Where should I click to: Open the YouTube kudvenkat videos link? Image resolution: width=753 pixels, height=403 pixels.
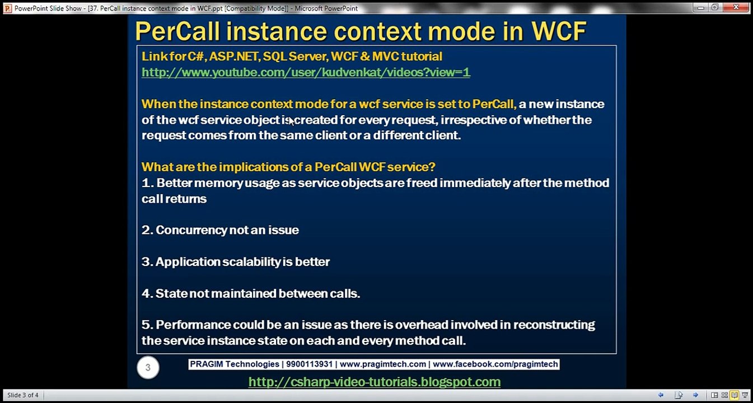[x=306, y=72]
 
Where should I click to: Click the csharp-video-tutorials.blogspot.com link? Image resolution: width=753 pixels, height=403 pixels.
[x=375, y=382]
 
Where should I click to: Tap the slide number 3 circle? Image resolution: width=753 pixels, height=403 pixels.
[x=148, y=367]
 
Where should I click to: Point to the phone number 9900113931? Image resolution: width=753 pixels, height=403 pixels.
[x=309, y=364]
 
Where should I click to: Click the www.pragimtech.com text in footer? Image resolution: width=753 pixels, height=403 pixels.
[x=383, y=364]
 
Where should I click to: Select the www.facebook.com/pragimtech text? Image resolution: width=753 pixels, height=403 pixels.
[x=495, y=364]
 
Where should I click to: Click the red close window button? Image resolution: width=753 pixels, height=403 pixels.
[x=736, y=7]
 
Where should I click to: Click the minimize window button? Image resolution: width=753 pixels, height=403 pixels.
[x=700, y=7]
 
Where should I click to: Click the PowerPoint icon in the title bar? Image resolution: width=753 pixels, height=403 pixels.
[x=7, y=8]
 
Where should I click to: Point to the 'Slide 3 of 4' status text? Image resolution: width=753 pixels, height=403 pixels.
[x=23, y=395]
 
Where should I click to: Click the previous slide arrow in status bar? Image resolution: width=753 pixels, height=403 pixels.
[x=661, y=395]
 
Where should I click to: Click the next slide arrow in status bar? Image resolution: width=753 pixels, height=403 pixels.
[x=695, y=395]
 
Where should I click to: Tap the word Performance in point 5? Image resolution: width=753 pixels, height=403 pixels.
[x=193, y=325]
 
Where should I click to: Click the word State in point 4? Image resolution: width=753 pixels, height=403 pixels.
[x=171, y=293]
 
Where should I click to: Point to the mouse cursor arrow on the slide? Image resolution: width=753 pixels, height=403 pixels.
[x=292, y=121]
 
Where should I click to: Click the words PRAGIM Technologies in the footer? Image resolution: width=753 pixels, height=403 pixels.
[x=235, y=364]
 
